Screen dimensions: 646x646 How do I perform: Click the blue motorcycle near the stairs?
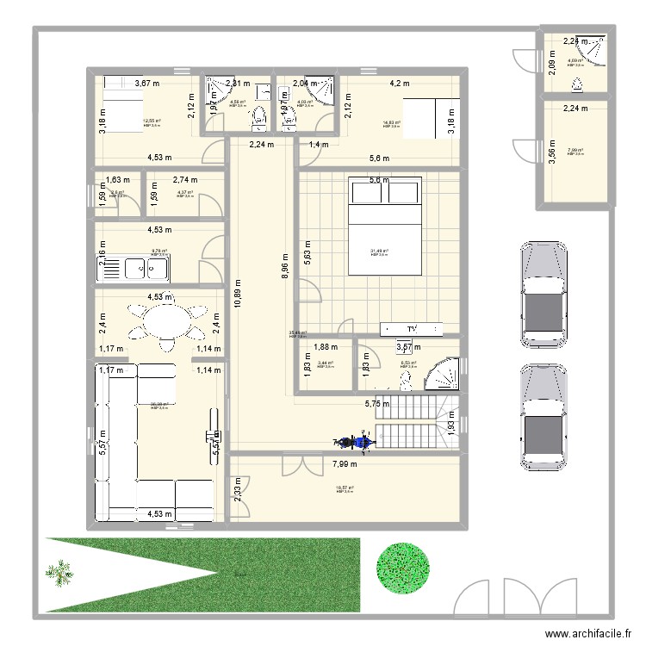pos(353,443)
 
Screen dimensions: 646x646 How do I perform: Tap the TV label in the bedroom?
pos(412,329)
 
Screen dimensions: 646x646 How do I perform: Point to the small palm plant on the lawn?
pos(59,571)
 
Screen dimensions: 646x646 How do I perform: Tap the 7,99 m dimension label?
pos(349,464)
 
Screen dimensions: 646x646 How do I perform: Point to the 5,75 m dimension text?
pos(377,402)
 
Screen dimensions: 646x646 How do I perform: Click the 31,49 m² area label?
pos(379,252)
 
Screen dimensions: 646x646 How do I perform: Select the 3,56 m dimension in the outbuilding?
pos(551,152)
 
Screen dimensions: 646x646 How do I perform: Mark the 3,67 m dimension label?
pos(148,84)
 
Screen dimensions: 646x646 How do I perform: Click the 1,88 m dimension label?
pos(326,347)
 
